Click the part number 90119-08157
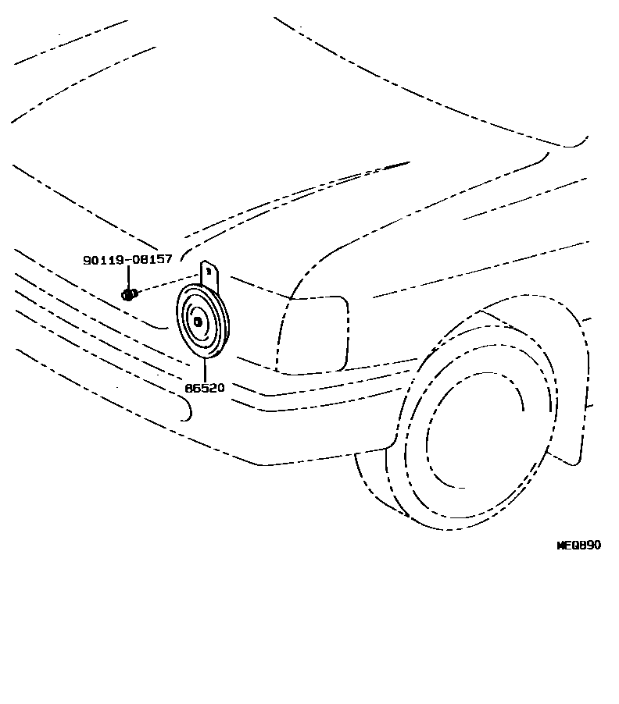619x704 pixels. click(x=127, y=259)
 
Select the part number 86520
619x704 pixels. click(x=205, y=387)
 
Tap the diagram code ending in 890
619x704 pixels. click(x=578, y=545)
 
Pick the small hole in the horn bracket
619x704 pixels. click(x=209, y=272)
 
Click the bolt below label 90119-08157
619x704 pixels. click(x=130, y=294)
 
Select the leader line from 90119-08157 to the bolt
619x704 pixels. click(x=128, y=277)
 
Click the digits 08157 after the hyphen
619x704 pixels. click(x=150, y=259)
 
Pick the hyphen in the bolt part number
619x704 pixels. click(x=124, y=259)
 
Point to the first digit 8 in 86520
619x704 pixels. click(x=188, y=387)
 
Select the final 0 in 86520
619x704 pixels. click(x=221, y=387)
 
